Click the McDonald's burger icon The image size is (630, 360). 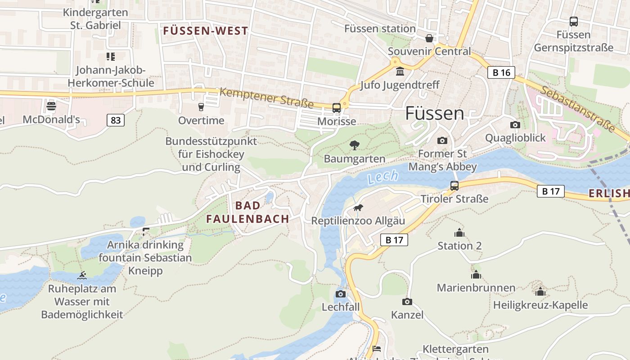coord(51,107)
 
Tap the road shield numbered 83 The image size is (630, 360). coord(116,120)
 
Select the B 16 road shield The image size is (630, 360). coord(501,72)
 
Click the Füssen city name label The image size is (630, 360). coord(434,113)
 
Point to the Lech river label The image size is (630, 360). coord(382,177)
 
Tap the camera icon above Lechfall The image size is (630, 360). coord(341,294)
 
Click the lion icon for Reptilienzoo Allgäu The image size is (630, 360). coord(358,207)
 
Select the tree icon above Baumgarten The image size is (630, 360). coord(355,145)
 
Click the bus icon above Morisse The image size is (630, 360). coord(336,108)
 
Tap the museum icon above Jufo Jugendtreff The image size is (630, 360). coord(400,72)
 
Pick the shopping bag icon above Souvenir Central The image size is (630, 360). coord(429,38)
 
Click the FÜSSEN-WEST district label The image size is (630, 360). coord(205,31)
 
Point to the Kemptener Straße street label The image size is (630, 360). coord(267,98)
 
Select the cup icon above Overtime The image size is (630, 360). coord(201,107)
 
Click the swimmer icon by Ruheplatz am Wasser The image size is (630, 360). coord(81,275)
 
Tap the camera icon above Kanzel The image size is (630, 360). coord(407,301)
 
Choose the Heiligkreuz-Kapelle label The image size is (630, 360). coord(540,305)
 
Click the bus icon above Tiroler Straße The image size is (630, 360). coord(454,185)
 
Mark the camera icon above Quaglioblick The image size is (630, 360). coord(515,125)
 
